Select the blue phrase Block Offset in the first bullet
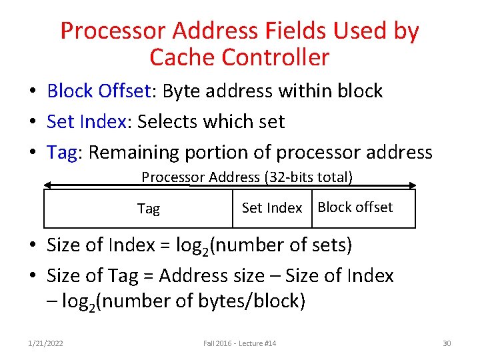(99, 91)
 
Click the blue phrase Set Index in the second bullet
(85, 121)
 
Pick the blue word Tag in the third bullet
(62, 153)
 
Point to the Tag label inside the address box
(148, 209)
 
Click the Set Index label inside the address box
(272, 208)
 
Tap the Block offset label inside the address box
(355, 207)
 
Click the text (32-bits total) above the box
(308, 177)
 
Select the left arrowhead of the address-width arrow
(47, 186)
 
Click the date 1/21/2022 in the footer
(45, 343)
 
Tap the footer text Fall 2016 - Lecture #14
(239, 343)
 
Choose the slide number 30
(447, 343)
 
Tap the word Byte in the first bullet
(181, 91)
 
